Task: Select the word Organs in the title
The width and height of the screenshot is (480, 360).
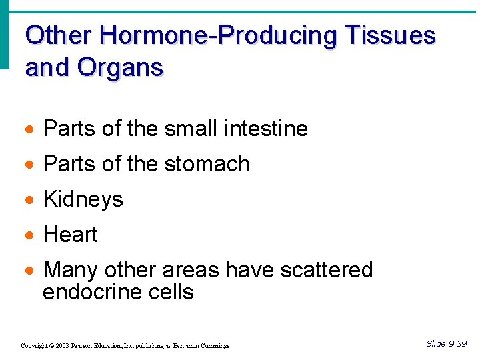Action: tap(120, 67)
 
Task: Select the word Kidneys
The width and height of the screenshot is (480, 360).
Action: tap(83, 199)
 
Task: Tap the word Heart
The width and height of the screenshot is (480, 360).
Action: tap(70, 235)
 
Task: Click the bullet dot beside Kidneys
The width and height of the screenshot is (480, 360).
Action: tap(31, 200)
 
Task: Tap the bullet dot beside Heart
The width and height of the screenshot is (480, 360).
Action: tap(31, 235)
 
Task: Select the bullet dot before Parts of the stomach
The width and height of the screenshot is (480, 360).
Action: tap(31, 165)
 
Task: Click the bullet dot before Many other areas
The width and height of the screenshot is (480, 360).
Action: tap(31, 271)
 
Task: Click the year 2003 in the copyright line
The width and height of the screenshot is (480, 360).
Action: tap(62, 346)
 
